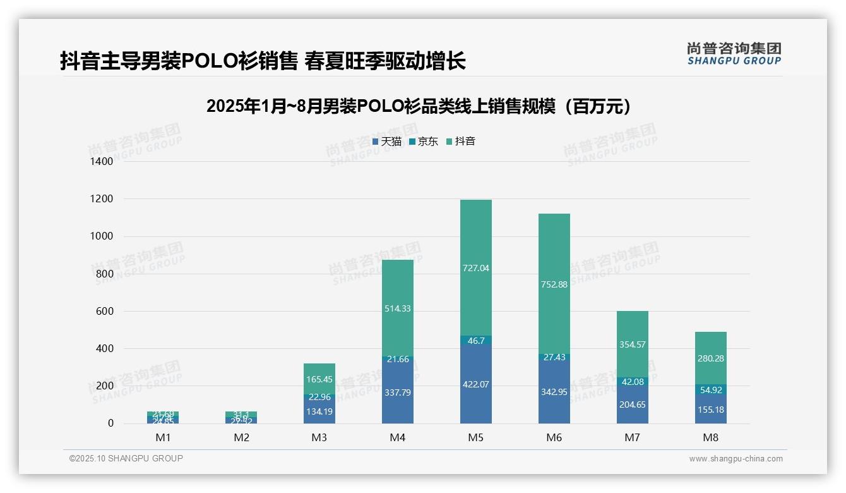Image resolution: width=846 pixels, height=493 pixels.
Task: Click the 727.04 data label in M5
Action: tap(476, 268)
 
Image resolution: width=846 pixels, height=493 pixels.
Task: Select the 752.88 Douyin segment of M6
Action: tap(554, 284)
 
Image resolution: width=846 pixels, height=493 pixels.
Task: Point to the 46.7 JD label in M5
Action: tap(476, 341)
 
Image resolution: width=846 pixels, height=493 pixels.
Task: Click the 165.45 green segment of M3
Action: tap(319, 379)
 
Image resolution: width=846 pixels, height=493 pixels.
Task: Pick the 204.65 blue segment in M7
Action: tap(633, 405)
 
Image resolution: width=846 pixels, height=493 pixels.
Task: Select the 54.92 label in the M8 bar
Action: tap(711, 390)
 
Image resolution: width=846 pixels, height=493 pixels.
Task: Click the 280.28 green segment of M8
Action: tap(711, 358)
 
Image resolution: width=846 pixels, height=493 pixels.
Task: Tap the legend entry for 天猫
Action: tap(386, 142)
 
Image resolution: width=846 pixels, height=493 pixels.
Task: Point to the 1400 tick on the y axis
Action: tap(101, 162)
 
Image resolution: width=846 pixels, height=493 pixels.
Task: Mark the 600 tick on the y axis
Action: tap(104, 311)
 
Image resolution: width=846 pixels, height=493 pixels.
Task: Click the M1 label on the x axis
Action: tap(163, 437)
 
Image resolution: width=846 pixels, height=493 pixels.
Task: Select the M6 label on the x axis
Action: tap(554, 437)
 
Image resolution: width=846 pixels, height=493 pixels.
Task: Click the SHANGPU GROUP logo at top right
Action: tap(734, 53)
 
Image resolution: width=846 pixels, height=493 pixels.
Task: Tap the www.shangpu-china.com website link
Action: tap(736, 459)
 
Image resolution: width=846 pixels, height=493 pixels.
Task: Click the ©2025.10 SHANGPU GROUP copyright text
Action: tap(126, 458)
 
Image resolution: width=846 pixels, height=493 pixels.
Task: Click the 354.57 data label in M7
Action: tap(633, 344)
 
